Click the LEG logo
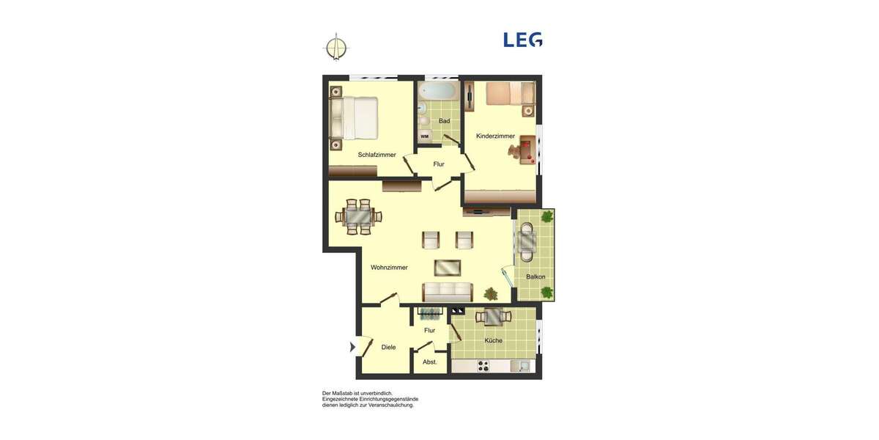click(x=522, y=40)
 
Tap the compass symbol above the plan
click(x=336, y=47)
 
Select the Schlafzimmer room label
click(x=377, y=155)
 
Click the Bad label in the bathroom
click(x=444, y=121)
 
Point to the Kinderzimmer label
click(x=495, y=136)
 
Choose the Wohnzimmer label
click(x=389, y=268)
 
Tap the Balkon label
click(x=535, y=276)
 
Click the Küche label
click(x=493, y=340)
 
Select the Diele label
click(x=388, y=347)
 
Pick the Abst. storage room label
click(x=430, y=362)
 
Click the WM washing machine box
click(x=424, y=136)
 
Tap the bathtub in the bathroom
click(x=438, y=92)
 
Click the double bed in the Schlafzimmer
click(x=355, y=117)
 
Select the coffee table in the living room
click(x=448, y=267)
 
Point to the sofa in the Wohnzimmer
click(x=447, y=291)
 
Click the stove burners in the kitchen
click(x=483, y=365)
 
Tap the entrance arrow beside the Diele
click(x=356, y=347)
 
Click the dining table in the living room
click(x=359, y=216)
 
